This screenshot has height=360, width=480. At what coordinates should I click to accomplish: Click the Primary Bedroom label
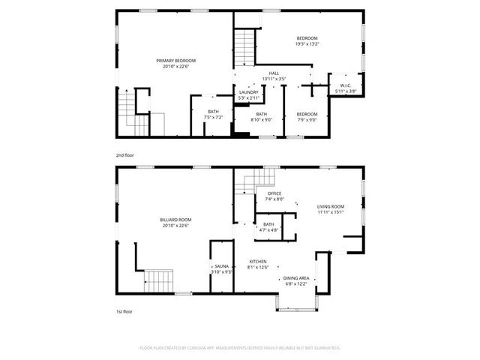[x=175, y=61]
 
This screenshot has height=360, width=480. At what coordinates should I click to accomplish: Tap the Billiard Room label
[x=174, y=220]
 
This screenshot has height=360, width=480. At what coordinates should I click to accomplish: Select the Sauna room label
[x=221, y=266]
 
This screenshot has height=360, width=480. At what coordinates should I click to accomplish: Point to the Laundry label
[x=248, y=92]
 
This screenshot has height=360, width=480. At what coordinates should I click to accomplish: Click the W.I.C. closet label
[x=345, y=86]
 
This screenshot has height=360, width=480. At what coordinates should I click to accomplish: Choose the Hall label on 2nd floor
[x=274, y=73]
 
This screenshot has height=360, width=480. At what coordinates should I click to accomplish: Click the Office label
[x=274, y=193]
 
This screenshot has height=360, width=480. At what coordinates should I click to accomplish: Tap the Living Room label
[x=330, y=206]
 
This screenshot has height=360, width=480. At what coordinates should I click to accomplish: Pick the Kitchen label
[x=258, y=262]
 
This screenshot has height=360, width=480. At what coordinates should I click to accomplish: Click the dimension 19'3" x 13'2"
[x=307, y=44]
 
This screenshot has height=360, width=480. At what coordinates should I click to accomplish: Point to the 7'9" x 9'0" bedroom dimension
[x=307, y=119]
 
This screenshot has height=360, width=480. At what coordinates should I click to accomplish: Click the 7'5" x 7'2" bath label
[x=214, y=118]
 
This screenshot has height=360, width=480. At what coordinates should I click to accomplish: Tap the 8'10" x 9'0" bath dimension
[x=261, y=119]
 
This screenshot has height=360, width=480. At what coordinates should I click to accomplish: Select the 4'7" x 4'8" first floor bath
[x=268, y=229]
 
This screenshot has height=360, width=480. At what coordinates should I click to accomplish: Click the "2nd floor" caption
[x=124, y=155]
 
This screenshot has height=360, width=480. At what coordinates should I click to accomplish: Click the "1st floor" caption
[x=124, y=311]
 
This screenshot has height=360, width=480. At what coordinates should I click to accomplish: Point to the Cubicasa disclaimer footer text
[x=240, y=348]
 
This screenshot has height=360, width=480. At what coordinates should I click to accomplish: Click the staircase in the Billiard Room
[x=160, y=282]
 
